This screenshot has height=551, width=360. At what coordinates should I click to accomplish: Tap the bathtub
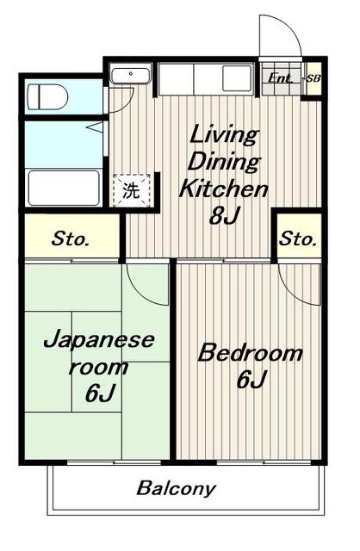click(65, 187)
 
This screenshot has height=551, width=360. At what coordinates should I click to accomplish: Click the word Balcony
click(176, 489)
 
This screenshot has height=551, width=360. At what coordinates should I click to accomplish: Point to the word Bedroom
click(251, 353)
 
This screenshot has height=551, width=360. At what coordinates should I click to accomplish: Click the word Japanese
click(99, 338)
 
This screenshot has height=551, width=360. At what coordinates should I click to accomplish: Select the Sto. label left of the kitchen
click(70, 239)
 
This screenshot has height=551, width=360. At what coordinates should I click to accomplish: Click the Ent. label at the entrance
click(280, 78)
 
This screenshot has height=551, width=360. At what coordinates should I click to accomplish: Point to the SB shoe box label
click(313, 79)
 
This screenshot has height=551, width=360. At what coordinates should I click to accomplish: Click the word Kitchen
click(223, 189)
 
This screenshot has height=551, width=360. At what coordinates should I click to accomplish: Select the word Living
click(223, 133)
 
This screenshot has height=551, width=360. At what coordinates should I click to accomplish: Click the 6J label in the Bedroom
click(250, 380)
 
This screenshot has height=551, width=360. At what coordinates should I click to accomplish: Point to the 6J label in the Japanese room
click(101, 393)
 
